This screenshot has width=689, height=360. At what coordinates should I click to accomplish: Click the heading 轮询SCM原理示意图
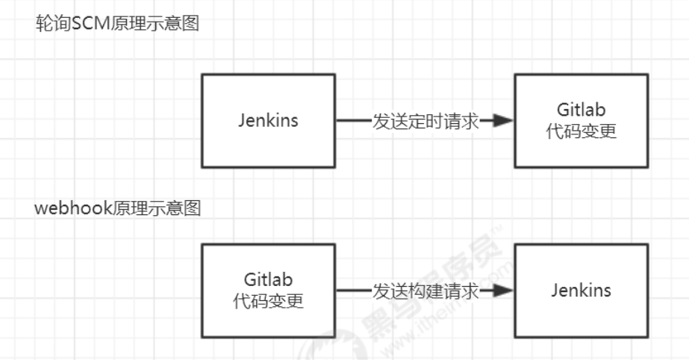117,23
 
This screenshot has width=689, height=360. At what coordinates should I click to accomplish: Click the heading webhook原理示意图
118,208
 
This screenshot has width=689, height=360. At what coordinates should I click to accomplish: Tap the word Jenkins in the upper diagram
268,120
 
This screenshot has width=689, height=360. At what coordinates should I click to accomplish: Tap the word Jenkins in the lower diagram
581,291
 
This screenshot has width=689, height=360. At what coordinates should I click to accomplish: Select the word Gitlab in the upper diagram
581,110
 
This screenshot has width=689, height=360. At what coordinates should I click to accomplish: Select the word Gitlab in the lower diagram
268,279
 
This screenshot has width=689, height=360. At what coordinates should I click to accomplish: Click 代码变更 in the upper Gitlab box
581,131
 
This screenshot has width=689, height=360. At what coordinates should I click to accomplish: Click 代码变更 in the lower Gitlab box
268,301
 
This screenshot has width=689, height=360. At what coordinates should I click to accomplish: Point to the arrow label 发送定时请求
425,121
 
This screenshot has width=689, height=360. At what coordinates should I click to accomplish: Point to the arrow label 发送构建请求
425,291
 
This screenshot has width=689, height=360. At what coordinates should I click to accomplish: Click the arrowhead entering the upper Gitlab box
502,120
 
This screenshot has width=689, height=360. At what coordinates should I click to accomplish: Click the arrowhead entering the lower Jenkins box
502,290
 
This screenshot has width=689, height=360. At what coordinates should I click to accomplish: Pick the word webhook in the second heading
74,208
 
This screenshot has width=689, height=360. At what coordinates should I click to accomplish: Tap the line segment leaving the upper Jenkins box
354,120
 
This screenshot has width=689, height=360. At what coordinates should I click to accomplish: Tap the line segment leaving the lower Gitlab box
354,290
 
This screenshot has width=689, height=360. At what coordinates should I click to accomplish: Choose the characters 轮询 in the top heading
53,23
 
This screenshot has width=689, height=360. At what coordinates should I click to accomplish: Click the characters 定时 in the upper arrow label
425,121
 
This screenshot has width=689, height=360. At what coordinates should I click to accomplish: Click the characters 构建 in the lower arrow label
425,291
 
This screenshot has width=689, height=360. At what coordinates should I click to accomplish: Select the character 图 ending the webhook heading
193,208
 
